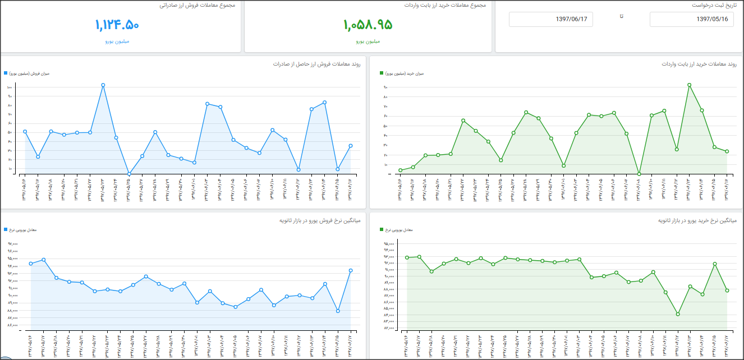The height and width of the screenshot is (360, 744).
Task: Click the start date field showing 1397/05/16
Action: click(691, 19)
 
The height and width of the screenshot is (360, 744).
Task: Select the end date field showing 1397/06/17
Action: click(550, 19)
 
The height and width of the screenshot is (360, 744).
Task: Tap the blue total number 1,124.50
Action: click(117, 25)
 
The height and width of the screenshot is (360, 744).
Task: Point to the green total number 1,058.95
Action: click(368, 25)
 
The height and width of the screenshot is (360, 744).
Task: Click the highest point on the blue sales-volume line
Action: click(103, 85)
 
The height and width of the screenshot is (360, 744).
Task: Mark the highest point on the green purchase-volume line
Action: click(689, 85)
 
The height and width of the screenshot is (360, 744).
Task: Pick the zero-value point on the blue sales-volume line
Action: click(129, 174)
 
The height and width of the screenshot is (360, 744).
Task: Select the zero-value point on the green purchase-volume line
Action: click(639, 174)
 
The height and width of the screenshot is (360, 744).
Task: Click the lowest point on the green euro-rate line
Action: click(678, 314)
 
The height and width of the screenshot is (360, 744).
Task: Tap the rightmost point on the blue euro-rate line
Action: click(351, 270)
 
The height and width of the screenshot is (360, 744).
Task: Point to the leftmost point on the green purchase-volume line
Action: click(401, 170)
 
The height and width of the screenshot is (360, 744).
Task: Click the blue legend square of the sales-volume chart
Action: click(6, 73)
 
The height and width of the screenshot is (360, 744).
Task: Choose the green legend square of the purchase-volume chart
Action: click(382, 73)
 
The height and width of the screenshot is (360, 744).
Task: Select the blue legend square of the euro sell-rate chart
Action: click(6, 230)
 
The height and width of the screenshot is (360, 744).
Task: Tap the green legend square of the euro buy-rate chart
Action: click(382, 230)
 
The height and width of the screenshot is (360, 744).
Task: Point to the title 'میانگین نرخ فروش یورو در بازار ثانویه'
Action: click(319, 220)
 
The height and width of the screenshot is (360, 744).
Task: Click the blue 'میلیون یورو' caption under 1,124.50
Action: click(117, 41)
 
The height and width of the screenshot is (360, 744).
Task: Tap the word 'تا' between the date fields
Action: click(621, 16)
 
